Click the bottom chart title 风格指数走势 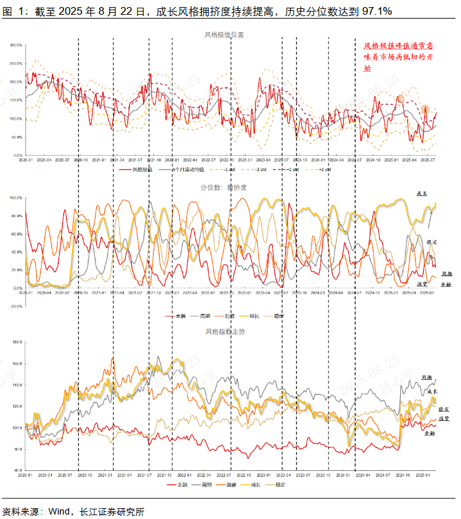click(x=225, y=332)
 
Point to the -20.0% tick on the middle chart click(x=16, y=306)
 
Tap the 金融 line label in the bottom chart click(x=430, y=433)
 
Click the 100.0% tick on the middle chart click(x=16, y=198)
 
